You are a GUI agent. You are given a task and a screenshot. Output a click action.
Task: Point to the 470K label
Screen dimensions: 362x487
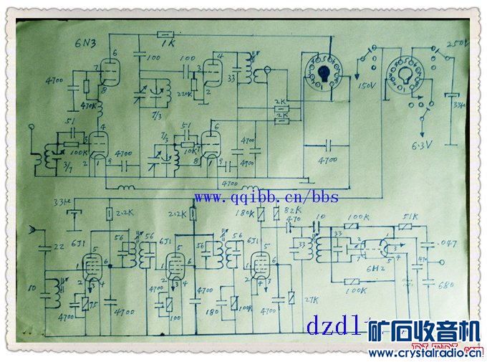[90, 106]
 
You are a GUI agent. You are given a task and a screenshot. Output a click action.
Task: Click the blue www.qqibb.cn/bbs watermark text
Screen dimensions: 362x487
[266, 197]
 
